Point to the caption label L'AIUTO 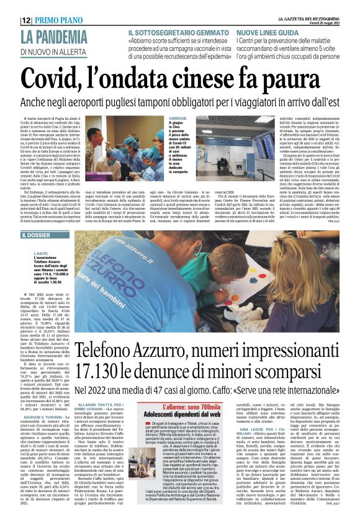point(45,254)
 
